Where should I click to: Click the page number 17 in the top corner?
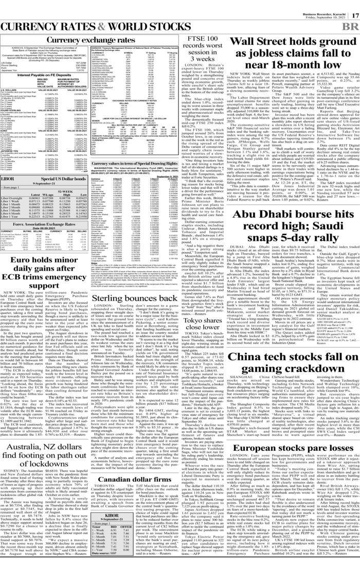353,5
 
